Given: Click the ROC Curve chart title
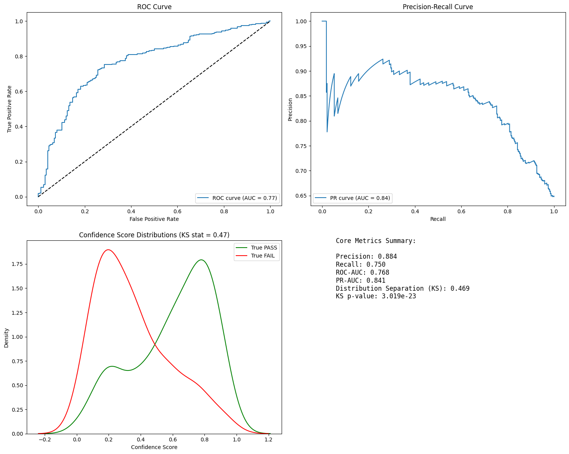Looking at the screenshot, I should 154,7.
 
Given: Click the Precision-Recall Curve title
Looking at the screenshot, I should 438,7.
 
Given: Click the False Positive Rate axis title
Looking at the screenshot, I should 154,219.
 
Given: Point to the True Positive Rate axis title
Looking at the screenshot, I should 9,109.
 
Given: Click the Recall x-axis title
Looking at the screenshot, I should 438,219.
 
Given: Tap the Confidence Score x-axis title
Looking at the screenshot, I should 154,447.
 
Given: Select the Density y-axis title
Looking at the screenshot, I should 6,338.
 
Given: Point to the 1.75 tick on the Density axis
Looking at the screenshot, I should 17,264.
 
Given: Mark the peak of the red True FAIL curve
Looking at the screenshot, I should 109,250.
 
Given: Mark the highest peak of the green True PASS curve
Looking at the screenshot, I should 201,260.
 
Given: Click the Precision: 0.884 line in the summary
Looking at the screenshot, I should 366,256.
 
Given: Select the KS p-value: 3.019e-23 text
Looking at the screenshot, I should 376,296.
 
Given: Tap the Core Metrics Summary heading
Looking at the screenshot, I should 376,241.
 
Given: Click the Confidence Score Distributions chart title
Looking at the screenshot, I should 154,235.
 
